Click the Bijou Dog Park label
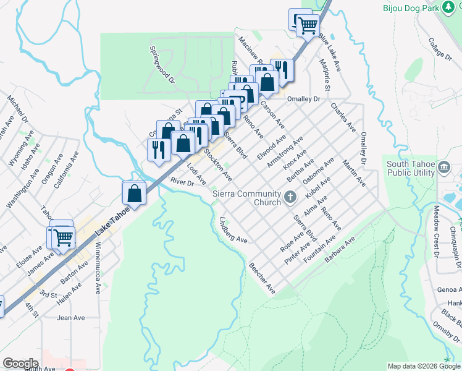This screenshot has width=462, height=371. tap(406, 8)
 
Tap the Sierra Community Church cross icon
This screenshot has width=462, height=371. tap(291, 197)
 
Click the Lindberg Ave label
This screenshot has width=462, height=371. tap(233, 231)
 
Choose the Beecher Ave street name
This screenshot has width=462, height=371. tap(262, 278)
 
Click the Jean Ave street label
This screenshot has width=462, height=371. tap(70, 318)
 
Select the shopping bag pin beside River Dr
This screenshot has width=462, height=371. tap(134, 193)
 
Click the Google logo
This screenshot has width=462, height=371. tap(20, 364)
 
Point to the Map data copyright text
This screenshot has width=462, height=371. tap(424, 366)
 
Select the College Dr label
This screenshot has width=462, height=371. tap(440, 48)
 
